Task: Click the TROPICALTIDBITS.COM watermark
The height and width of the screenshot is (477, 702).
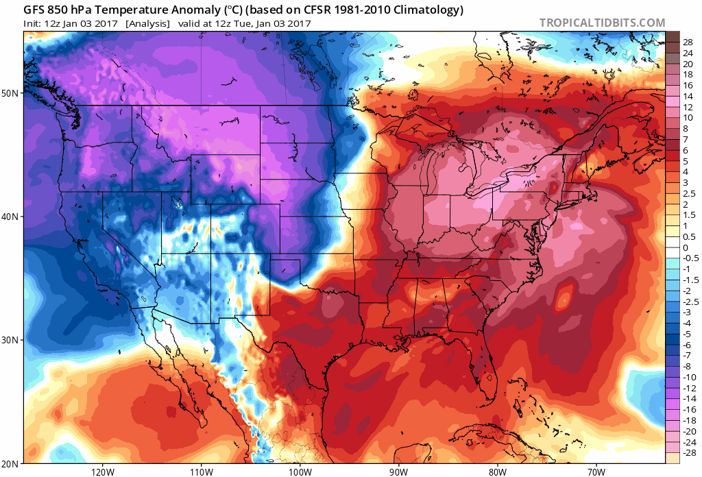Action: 602,23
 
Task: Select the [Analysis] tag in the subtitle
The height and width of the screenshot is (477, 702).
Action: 147,23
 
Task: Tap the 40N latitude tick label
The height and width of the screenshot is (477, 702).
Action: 11,217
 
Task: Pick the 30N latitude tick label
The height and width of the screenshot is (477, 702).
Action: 11,340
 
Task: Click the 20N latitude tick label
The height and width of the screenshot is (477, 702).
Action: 11,463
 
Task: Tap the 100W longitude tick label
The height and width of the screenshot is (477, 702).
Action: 300,472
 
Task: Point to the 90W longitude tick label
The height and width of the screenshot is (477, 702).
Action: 398,472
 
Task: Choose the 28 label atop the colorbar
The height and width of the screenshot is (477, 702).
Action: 688,42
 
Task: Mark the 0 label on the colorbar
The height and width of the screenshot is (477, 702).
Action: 686,247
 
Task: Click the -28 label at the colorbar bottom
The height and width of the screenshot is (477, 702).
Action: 690,453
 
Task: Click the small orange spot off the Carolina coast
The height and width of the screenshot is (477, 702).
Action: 564,298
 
